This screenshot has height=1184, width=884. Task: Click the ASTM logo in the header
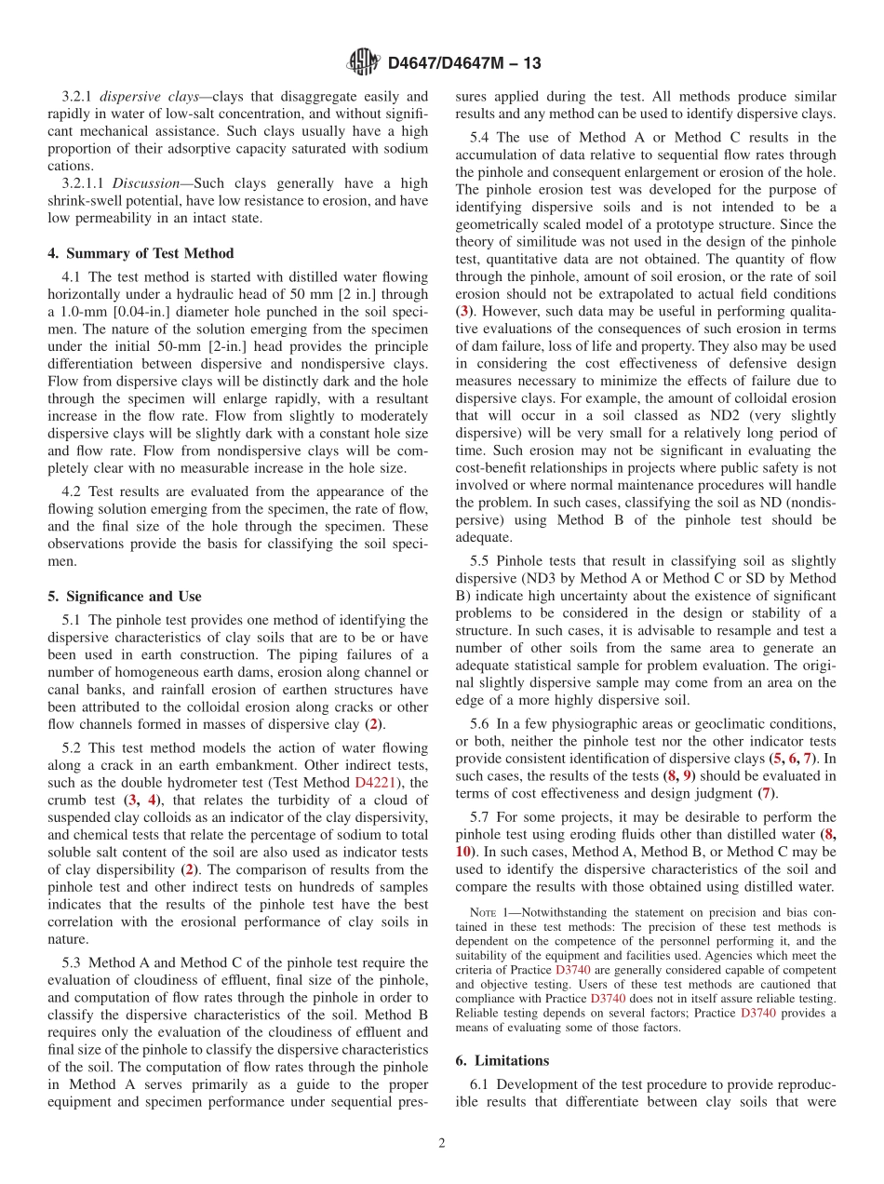click(x=362, y=62)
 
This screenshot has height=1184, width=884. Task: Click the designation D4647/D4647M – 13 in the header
click(x=463, y=63)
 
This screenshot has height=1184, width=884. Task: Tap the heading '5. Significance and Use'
click(x=131, y=597)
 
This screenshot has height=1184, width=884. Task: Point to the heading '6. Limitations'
click(x=502, y=1060)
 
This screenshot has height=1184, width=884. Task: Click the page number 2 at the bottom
click(x=442, y=1144)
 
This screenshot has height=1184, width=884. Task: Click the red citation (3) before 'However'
click(x=463, y=311)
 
